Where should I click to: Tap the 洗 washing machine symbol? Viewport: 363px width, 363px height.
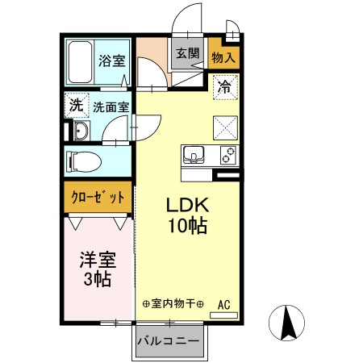pos(76,104)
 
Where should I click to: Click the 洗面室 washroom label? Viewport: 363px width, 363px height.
pos(109,105)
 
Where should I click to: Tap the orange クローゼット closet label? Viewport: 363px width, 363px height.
pos(98,197)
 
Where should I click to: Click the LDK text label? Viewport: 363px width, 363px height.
pos(186,205)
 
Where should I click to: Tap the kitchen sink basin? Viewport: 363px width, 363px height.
pos(196,154)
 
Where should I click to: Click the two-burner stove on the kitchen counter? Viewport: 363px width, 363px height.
pos(226,154)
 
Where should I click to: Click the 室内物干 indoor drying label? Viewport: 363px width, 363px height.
pos(173,304)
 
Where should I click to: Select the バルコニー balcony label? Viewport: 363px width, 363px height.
pos(168,341)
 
